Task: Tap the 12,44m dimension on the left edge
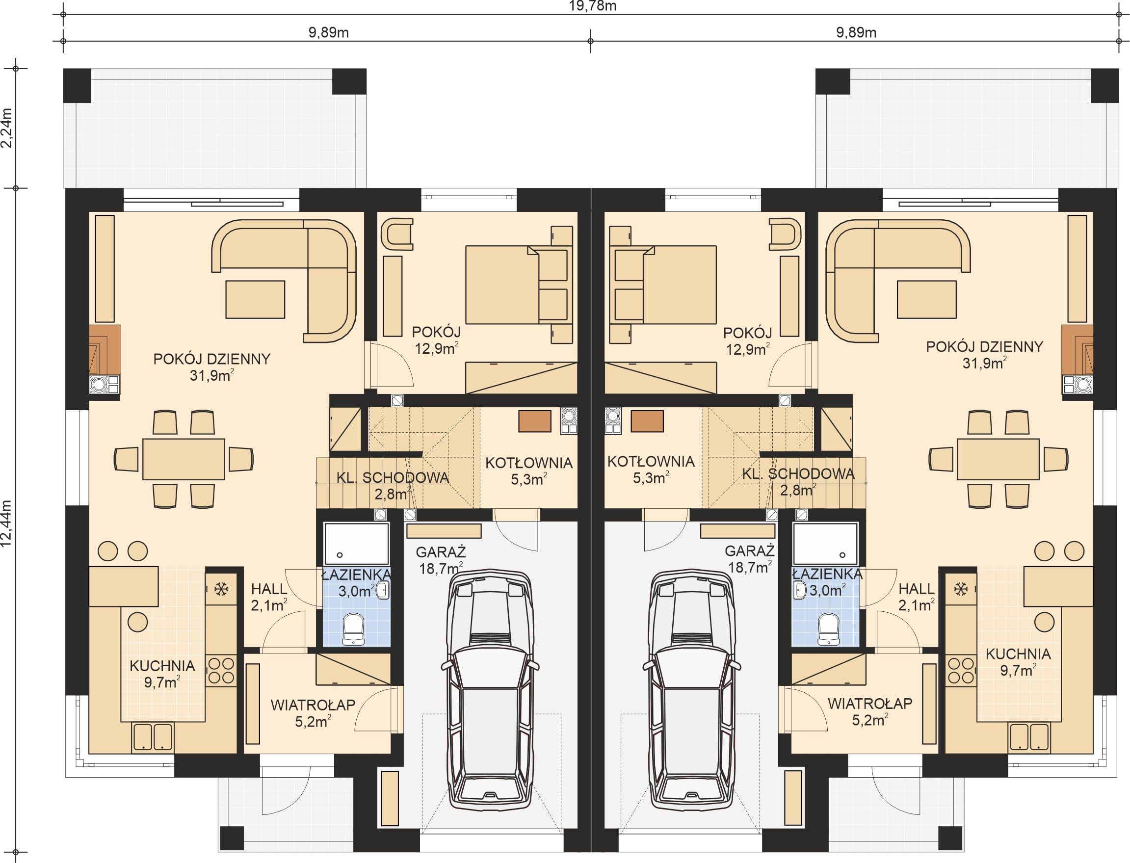pos(7,523)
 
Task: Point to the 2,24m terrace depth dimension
pos(7,128)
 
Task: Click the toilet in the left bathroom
pos(354,629)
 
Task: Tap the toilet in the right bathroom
pos(827,629)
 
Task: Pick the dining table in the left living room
pos(184,459)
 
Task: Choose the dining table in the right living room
pos(998,459)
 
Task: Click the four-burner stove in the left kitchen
pos(221,671)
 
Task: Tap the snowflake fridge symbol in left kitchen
pos(221,589)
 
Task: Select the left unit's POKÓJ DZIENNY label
pos(211,359)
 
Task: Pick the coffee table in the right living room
pos(926,299)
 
